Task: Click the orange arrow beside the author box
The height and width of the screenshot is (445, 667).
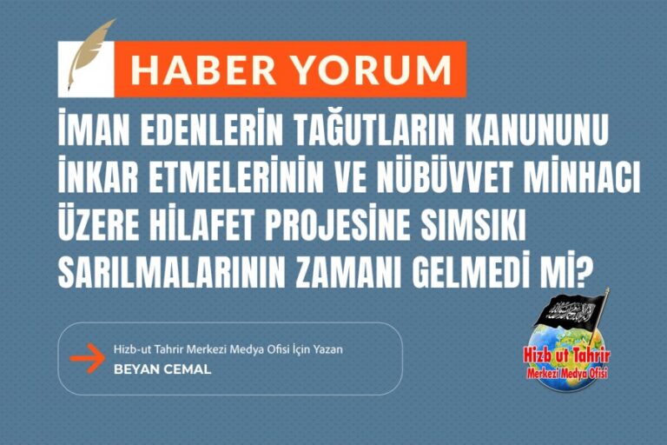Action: [86, 357]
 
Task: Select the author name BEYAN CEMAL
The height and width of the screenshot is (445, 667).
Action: [162, 369]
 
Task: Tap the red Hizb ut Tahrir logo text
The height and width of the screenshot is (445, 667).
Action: [566, 357]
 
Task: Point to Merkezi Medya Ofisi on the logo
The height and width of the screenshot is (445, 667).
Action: [567, 374]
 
